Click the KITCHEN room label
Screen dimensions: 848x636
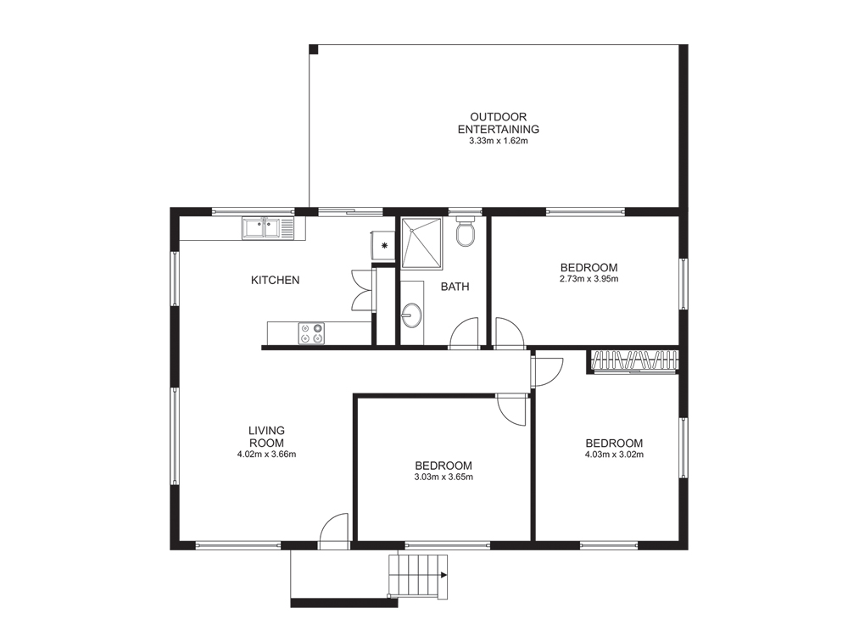pyautogui.click(x=276, y=280)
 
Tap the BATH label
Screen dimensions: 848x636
pyautogui.click(x=455, y=287)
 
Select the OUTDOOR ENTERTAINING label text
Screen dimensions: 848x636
pyautogui.click(x=498, y=123)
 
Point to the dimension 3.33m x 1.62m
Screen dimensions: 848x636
pyautogui.click(x=498, y=141)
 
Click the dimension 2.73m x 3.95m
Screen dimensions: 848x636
pyautogui.click(x=589, y=279)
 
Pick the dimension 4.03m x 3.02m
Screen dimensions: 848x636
pyautogui.click(x=614, y=455)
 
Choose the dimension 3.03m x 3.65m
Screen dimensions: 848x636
pyautogui.click(x=444, y=477)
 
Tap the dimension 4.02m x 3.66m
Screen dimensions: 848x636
pyautogui.click(x=266, y=455)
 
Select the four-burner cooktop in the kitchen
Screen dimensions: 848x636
pyautogui.click(x=311, y=332)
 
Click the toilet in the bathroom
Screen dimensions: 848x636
pyautogui.click(x=465, y=232)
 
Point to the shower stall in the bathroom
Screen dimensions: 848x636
pyautogui.click(x=421, y=243)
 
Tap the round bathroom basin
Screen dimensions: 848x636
pyautogui.click(x=412, y=315)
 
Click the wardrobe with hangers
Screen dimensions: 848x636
pyautogui.click(x=633, y=361)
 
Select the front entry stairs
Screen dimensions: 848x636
pyautogui.click(x=419, y=577)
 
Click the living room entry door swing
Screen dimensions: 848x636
pyautogui.click(x=333, y=531)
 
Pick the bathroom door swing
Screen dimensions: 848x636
pyautogui.click(x=464, y=332)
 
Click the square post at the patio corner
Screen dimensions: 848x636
pyautogui.click(x=314, y=50)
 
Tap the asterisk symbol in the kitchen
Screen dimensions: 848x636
pyautogui.click(x=384, y=246)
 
